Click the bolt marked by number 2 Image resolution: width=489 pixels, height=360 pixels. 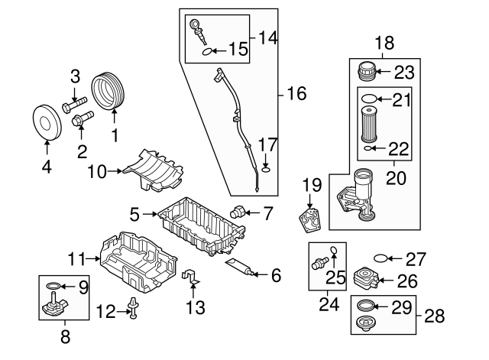(x=79, y=119)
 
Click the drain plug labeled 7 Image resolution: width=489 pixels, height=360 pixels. (x=238, y=212)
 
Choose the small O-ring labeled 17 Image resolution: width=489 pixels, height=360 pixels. (x=264, y=170)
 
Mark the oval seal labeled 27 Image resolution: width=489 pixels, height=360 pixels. (x=380, y=258)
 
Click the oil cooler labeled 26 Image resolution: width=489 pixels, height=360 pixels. (x=366, y=277)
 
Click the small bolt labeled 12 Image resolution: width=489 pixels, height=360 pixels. (x=134, y=307)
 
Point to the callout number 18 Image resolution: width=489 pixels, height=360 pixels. (x=384, y=43)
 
